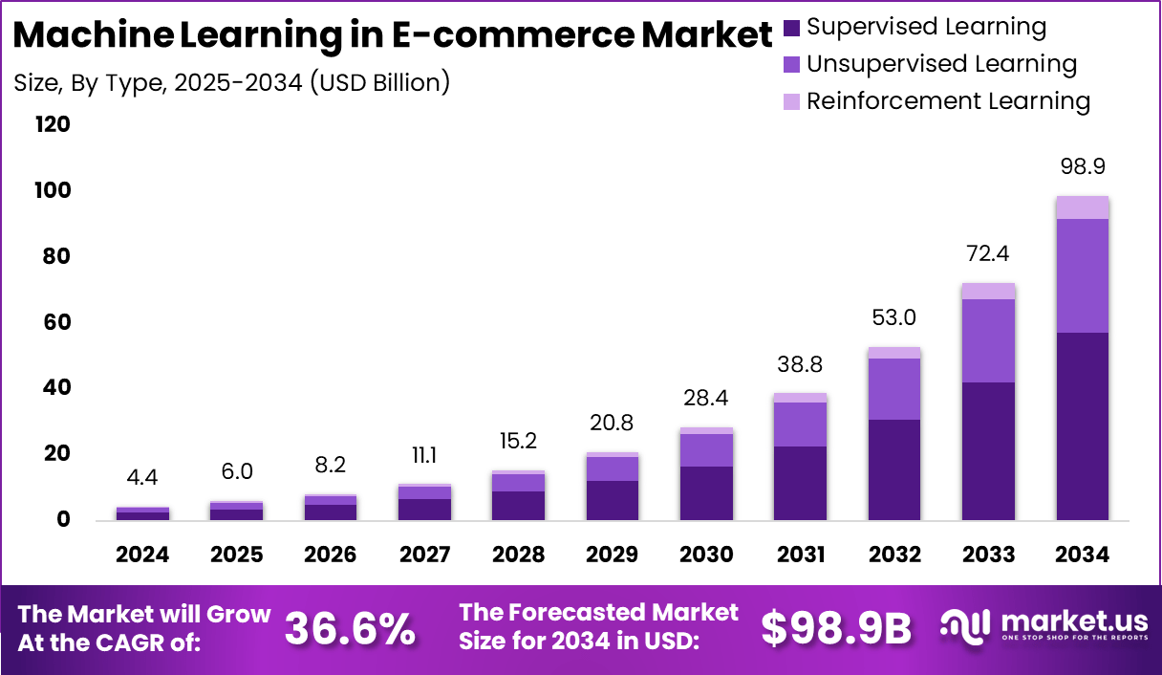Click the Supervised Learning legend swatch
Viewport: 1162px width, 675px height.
point(792,28)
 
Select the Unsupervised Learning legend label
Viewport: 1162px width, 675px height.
point(941,64)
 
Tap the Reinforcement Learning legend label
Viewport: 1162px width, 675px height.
point(948,100)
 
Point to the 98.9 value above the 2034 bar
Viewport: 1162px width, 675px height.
point(1083,166)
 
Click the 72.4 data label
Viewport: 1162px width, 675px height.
point(988,253)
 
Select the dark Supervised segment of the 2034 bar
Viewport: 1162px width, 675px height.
point(1083,425)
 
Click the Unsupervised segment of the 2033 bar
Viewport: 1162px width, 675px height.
point(988,340)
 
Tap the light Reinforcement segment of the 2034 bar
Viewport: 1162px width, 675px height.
point(1083,207)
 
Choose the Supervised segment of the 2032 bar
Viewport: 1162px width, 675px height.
point(894,468)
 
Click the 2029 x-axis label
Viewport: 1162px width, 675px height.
point(612,555)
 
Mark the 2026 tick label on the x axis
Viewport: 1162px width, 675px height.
point(331,555)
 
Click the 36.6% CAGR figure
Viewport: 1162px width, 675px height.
point(350,628)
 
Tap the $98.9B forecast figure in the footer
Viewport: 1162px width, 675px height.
point(836,628)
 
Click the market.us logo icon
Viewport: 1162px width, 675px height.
point(966,626)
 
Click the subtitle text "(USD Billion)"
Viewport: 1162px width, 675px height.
point(378,82)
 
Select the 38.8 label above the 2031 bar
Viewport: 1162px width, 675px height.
point(800,364)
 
